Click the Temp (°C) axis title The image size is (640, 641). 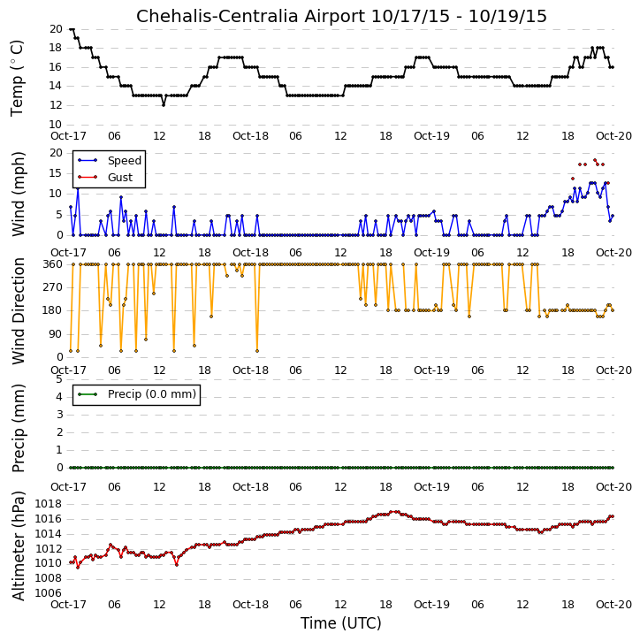17,78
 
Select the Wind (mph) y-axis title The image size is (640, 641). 18,194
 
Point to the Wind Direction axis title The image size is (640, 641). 18,311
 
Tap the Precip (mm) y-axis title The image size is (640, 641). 18,428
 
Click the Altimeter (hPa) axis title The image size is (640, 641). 18,546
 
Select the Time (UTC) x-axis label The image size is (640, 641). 341,623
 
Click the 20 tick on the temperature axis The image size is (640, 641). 56,29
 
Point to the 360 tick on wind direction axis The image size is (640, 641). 53,264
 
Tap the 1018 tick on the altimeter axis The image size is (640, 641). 49,504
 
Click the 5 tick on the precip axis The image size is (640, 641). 59,379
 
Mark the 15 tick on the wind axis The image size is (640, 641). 56,173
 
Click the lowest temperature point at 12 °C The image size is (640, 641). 164,105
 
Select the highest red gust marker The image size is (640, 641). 595,160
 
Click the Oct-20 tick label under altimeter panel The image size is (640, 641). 613,604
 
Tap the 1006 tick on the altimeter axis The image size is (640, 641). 49,592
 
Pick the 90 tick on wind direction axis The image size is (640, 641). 56,334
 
